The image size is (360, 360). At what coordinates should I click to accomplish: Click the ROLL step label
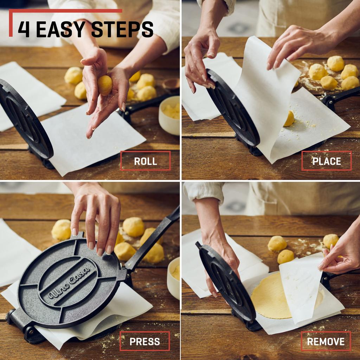click(x=145, y=161)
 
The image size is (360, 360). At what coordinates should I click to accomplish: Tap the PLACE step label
click(x=326, y=161)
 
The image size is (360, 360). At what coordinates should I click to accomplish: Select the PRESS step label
click(x=144, y=341)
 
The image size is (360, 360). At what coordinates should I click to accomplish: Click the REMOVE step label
click(x=326, y=341)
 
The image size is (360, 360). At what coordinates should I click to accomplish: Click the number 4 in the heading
click(x=24, y=30)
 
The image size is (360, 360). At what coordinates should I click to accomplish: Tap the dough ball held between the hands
click(x=105, y=85)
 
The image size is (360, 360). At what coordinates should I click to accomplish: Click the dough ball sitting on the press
click(x=289, y=119)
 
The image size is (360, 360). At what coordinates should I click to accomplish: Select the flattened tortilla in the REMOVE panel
click(x=267, y=297)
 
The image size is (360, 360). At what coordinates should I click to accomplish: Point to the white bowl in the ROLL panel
click(x=169, y=115)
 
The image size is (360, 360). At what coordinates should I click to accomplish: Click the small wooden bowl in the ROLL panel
click(x=171, y=85)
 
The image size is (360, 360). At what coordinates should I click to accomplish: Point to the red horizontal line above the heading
click(x=67, y=11)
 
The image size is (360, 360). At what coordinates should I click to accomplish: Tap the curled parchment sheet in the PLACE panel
click(x=267, y=91)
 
